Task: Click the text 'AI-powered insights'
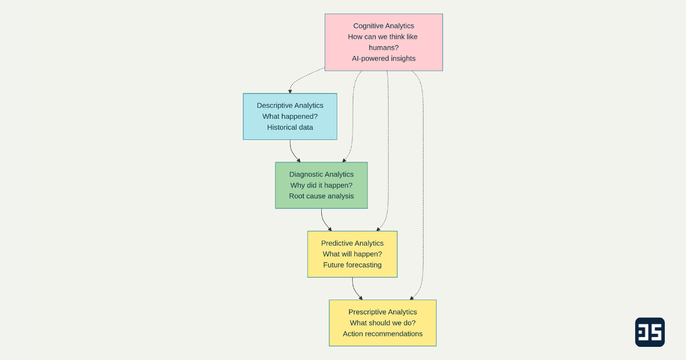pos(384,58)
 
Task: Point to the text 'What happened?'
pos(290,117)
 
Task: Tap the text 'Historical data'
pos(290,127)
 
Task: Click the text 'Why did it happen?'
pos(321,185)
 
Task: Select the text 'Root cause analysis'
pos(321,196)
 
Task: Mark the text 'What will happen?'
pos(352,254)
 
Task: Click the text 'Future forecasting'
pos(352,265)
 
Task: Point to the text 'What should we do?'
pos(382,323)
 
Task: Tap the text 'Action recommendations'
pos(382,334)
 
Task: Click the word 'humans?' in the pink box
pos(384,47)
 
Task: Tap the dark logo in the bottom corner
pos(649,332)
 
